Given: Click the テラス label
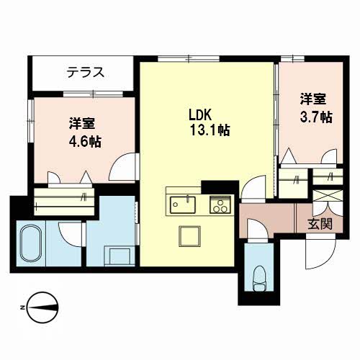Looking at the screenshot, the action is [x=86, y=72].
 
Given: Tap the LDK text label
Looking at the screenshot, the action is [x=200, y=114].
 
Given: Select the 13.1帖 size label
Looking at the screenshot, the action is [x=210, y=130].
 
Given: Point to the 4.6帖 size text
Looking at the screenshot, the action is [x=85, y=141].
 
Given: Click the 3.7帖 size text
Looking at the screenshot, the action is [x=316, y=117].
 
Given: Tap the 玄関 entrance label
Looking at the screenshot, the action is [x=320, y=224].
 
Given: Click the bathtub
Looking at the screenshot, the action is [x=31, y=243].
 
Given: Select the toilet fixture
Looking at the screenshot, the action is [x=260, y=278].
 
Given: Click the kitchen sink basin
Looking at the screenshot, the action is [x=183, y=204].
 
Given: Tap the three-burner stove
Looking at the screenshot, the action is [x=220, y=204].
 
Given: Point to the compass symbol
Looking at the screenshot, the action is [x=42, y=307].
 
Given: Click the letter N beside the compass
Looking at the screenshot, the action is [x=22, y=307].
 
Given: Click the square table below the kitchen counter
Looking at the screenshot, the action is [x=189, y=236].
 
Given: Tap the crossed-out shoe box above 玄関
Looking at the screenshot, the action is [x=328, y=195].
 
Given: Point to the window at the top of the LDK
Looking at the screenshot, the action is [x=189, y=58].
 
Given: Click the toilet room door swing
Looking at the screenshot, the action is [x=258, y=228].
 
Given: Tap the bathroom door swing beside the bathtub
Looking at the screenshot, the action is [x=71, y=235].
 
